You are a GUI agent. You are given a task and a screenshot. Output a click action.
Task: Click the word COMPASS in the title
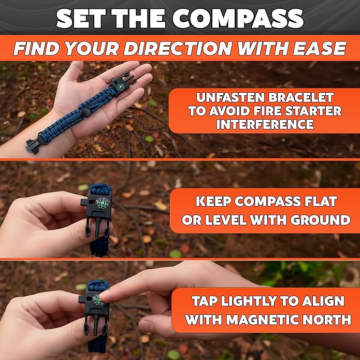(238, 19)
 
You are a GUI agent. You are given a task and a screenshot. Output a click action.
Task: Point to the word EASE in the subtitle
(320, 48)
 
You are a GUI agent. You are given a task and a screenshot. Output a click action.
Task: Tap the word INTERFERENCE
(265, 124)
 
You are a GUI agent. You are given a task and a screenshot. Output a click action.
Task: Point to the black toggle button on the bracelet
(83, 113)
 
